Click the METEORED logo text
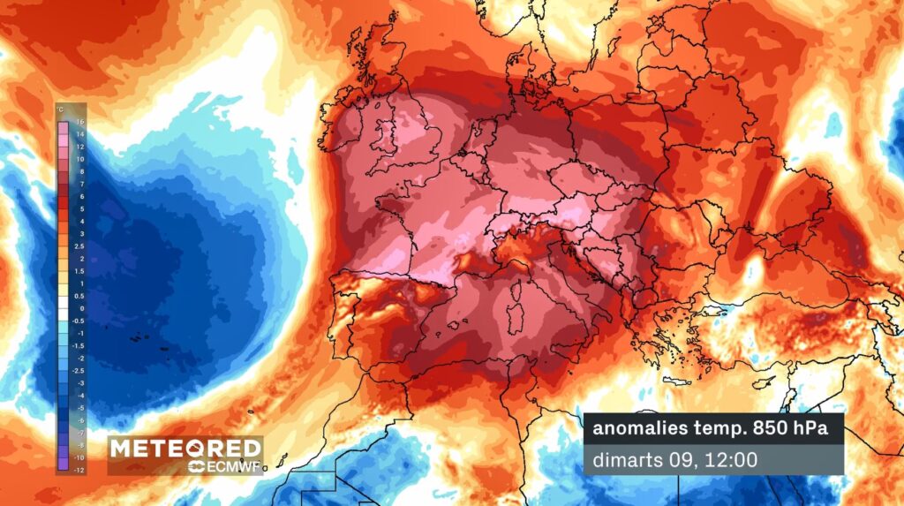click(x=185, y=448)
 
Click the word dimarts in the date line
click(x=621, y=460)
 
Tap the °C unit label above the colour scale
click(x=60, y=110)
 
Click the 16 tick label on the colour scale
click(x=79, y=122)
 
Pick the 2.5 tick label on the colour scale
click(x=79, y=246)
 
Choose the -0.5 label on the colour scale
click(x=79, y=321)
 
